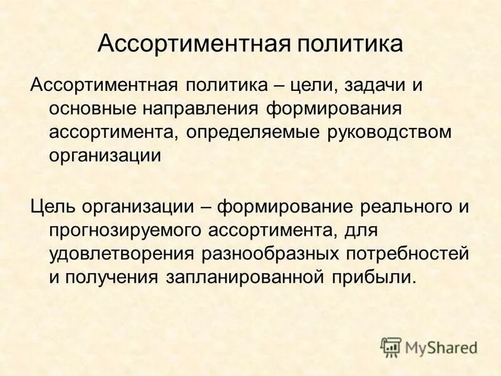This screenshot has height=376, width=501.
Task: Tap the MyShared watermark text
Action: click(x=441, y=347)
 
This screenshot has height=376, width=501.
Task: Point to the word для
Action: click(x=359, y=231)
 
